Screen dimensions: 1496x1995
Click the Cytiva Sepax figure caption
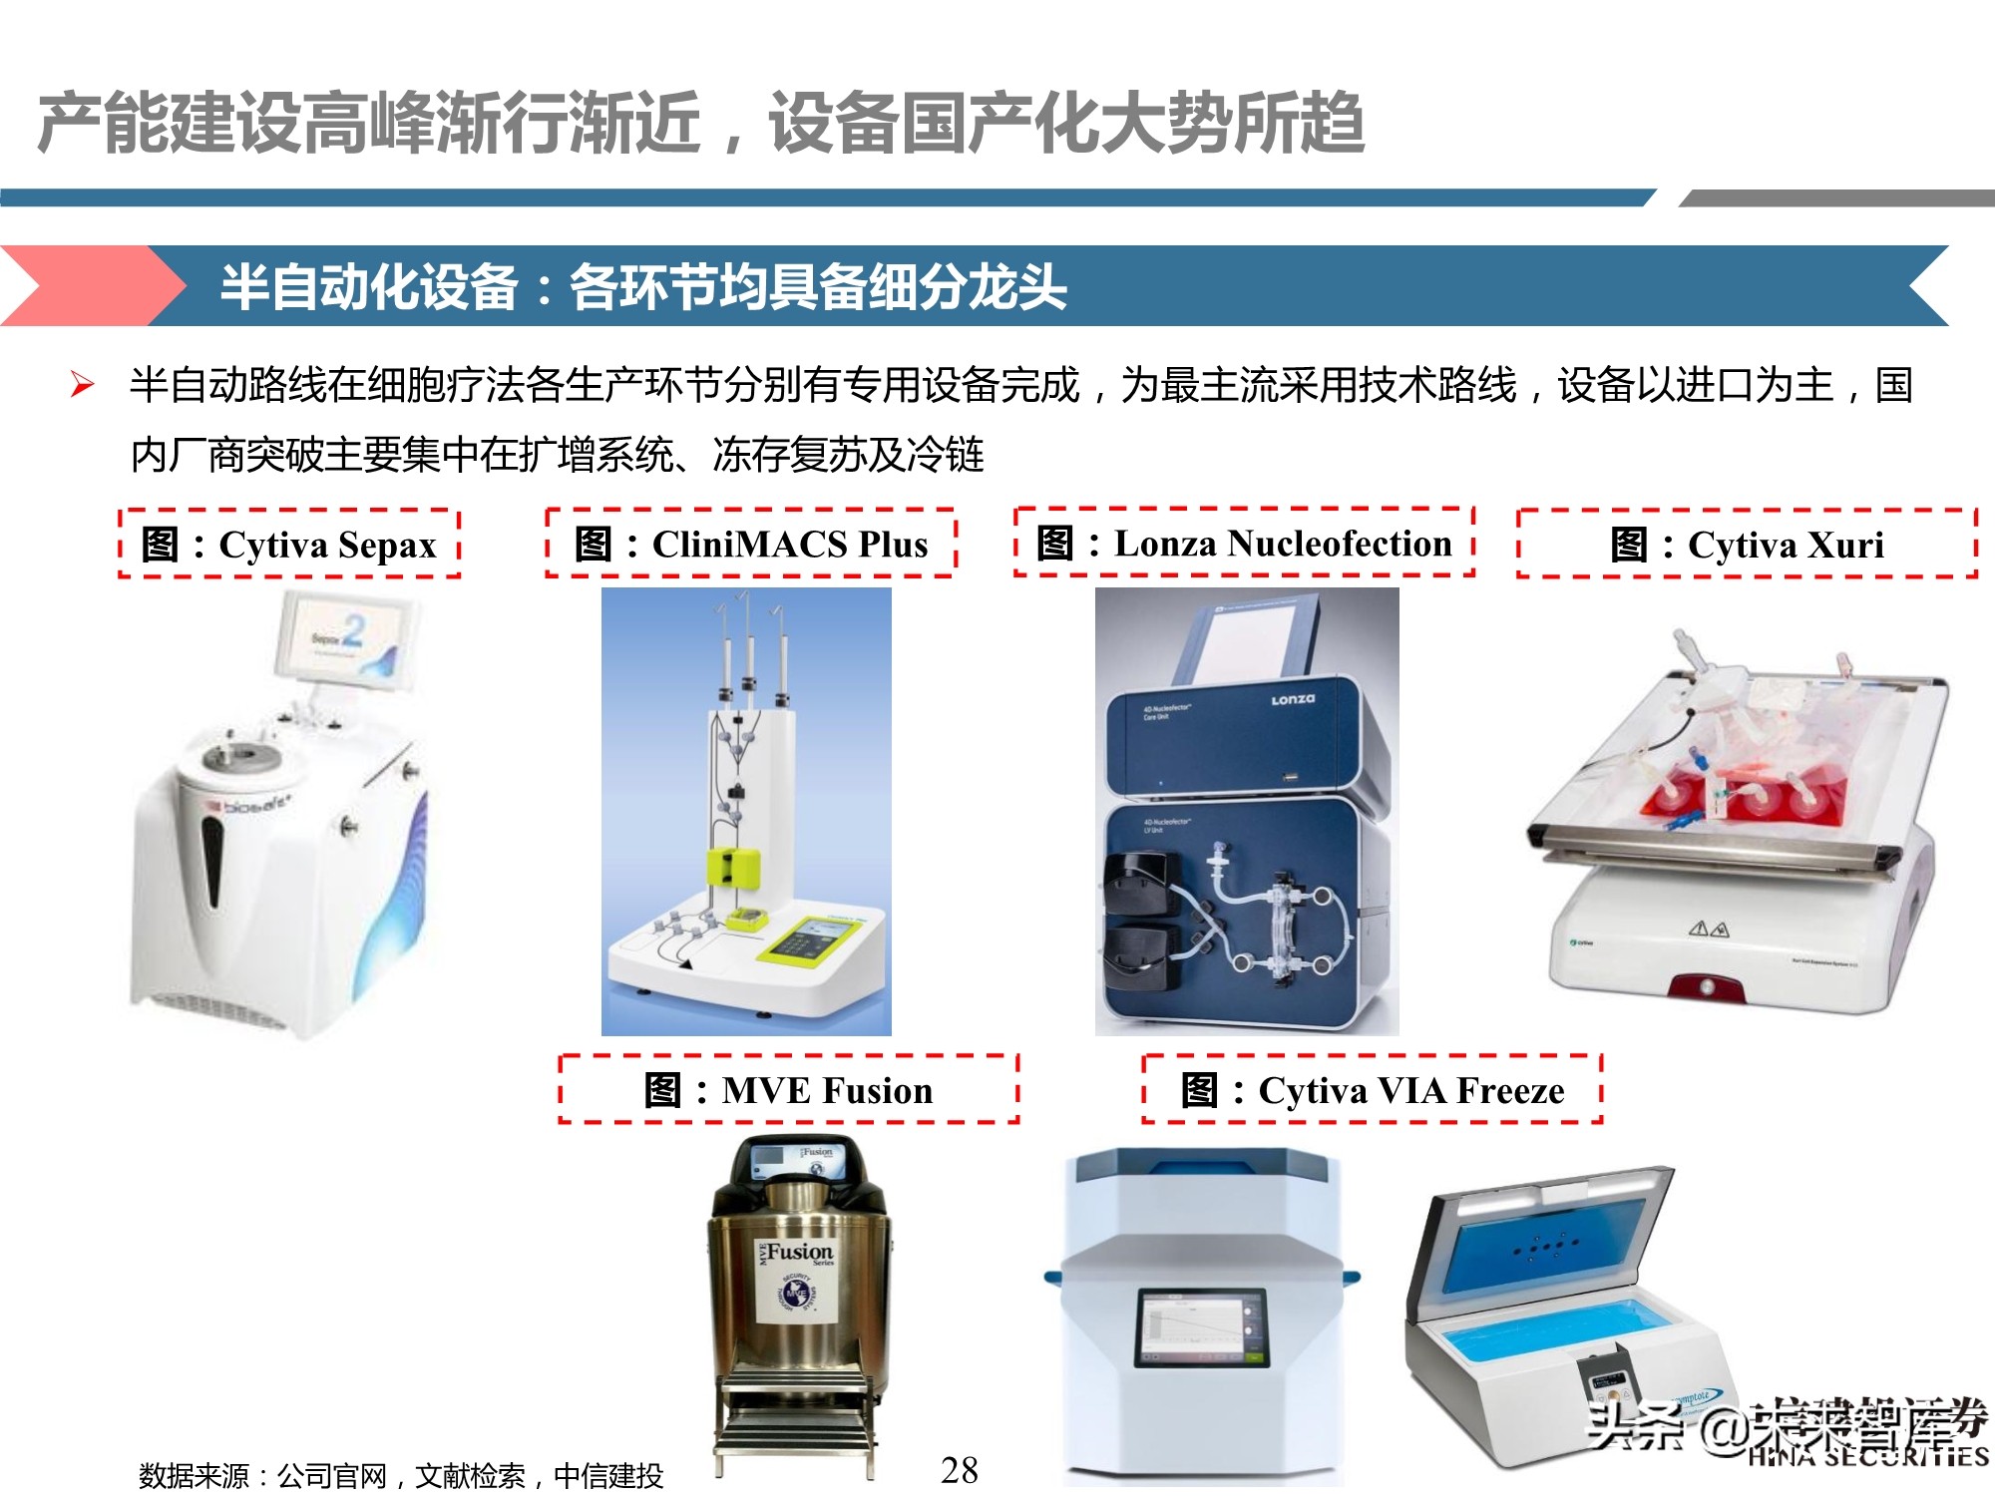point(289,545)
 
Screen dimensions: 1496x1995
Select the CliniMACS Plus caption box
point(750,545)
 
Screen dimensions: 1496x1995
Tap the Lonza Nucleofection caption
point(1244,544)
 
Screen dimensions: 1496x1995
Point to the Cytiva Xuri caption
point(1747,545)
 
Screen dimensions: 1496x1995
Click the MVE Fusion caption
point(788,1090)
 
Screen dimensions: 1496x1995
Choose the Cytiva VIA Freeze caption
point(1372,1090)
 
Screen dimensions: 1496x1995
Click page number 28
point(960,1469)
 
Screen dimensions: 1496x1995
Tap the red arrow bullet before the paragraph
point(83,385)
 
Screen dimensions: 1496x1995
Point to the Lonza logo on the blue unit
point(1293,700)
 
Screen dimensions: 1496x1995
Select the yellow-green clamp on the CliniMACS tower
point(734,866)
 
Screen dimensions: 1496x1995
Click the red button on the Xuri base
point(1707,985)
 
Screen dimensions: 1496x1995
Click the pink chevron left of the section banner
point(90,286)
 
